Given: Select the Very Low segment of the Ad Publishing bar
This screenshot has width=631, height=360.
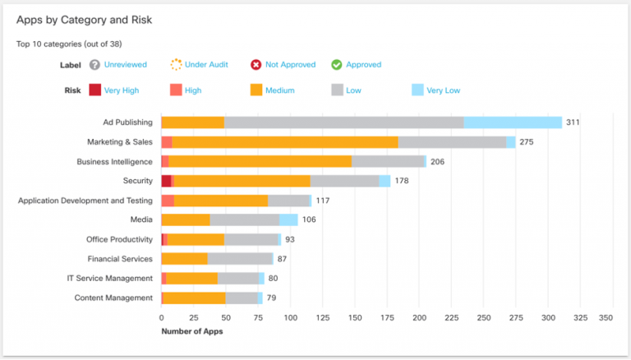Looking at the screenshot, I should [x=513, y=122].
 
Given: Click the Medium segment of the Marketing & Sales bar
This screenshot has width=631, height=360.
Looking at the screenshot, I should [x=284, y=142].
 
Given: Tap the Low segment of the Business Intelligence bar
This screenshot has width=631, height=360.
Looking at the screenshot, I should [x=388, y=161].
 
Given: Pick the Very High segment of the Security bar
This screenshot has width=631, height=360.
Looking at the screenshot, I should [x=166, y=181].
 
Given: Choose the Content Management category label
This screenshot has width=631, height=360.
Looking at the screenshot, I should [x=113, y=298].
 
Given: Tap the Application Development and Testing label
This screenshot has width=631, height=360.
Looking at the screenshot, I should [x=85, y=201].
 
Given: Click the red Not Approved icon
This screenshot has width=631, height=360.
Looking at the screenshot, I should [x=256, y=65].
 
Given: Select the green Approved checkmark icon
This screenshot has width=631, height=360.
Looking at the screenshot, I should [x=337, y=65].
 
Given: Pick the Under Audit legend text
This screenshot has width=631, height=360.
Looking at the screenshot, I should [x=206, y=65].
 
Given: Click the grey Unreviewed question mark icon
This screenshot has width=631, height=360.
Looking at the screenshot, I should [x=95, y=65].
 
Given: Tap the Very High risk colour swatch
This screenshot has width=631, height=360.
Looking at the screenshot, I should [x=95, y=90].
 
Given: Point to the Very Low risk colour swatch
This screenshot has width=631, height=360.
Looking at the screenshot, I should [x=417, y=90].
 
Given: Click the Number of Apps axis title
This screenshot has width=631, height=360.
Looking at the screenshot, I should [x=191, y=331].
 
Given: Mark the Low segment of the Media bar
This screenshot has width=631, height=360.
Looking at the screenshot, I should [x=244, y=219].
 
